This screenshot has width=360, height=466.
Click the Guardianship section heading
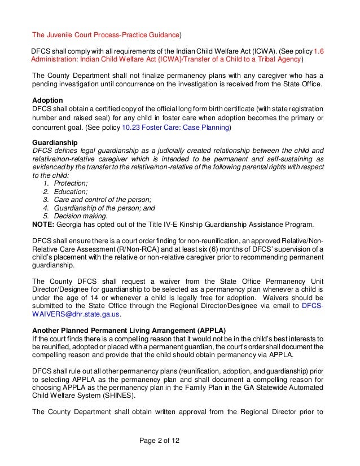tap(55, 143)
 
